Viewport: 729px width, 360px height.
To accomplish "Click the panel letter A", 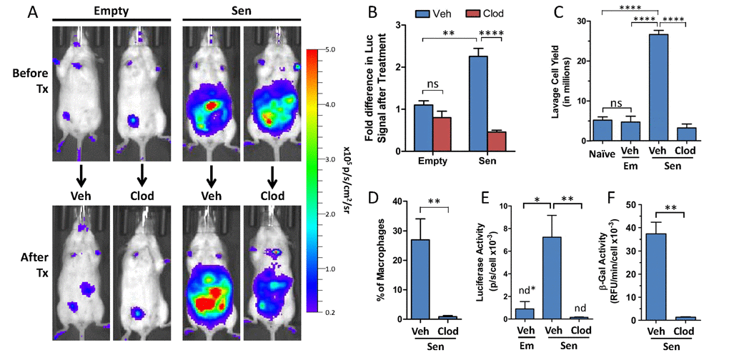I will click(x=14, y=12).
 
